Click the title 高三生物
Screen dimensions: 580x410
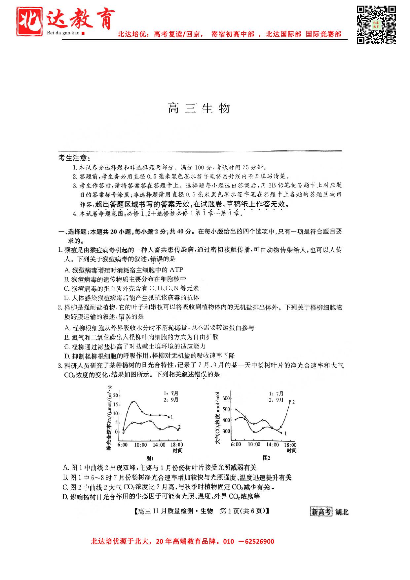tap(199, 108)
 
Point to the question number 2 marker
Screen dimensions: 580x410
tap(60, 308)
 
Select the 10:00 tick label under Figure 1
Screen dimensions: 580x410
tap(140, 445)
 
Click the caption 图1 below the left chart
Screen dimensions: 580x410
tap(150, 458)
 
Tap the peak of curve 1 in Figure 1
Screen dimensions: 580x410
tap(133, 402)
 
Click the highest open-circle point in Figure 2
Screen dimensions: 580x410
tap(290, 401)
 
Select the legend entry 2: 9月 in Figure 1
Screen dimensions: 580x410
tap(171, 400)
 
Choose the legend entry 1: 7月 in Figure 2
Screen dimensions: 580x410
tap(276, 394)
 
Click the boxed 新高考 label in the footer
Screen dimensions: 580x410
tap(320, 512)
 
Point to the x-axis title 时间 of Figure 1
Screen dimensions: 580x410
tap(177, 450)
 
